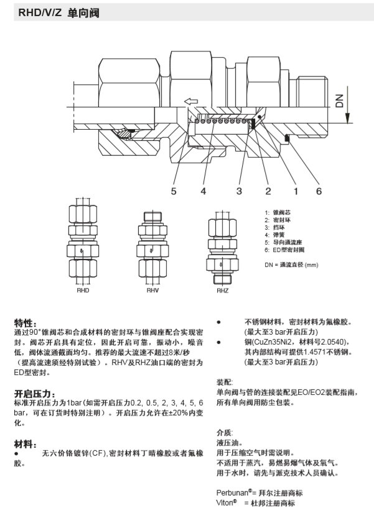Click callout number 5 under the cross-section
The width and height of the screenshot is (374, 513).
click(174, 191)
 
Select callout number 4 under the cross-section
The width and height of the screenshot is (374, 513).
click(203, 191)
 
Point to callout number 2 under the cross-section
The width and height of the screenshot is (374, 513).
click(268, 191)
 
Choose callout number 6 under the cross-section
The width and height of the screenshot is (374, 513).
click(319, 191)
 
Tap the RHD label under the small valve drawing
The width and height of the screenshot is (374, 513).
click(83, 290)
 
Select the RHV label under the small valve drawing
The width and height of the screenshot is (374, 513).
click(153, 290)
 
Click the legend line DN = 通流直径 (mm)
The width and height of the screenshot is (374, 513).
click(291, 265)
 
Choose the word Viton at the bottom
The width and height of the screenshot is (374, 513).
click(226, 502)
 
